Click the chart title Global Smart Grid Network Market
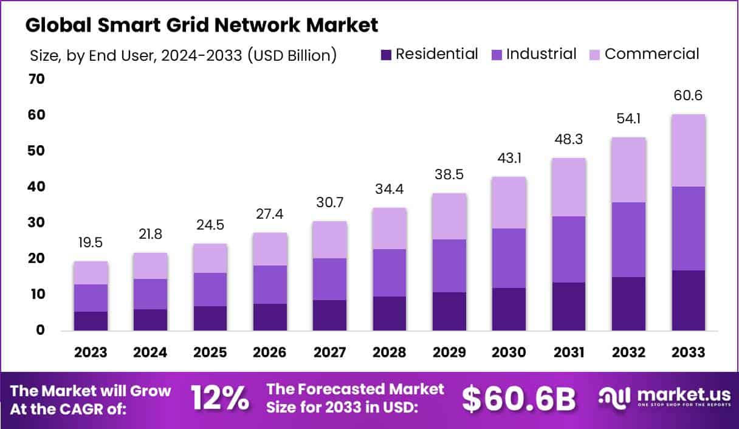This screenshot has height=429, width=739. point(201,25)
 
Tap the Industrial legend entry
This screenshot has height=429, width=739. point(533,54)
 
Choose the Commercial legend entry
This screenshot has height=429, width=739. point(644,54)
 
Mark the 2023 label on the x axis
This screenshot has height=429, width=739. point(91,353)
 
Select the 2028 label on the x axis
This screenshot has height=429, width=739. point(389,353)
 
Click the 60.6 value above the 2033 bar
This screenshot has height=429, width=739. point(688,96)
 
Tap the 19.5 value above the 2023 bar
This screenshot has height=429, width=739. point(91,243)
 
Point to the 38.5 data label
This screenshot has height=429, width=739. point(449,175)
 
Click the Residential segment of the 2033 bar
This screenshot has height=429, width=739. point(688,300)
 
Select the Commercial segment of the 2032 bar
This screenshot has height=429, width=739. point(628,170)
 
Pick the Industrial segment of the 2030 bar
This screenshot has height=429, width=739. point(509,258)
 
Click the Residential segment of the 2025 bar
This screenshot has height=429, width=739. point(210,318)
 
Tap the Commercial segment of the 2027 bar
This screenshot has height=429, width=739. point(329,239)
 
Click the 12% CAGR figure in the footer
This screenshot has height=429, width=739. point(219,399)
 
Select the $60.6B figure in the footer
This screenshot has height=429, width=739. point(518,399)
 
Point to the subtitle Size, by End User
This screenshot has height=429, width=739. point(182,55)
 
